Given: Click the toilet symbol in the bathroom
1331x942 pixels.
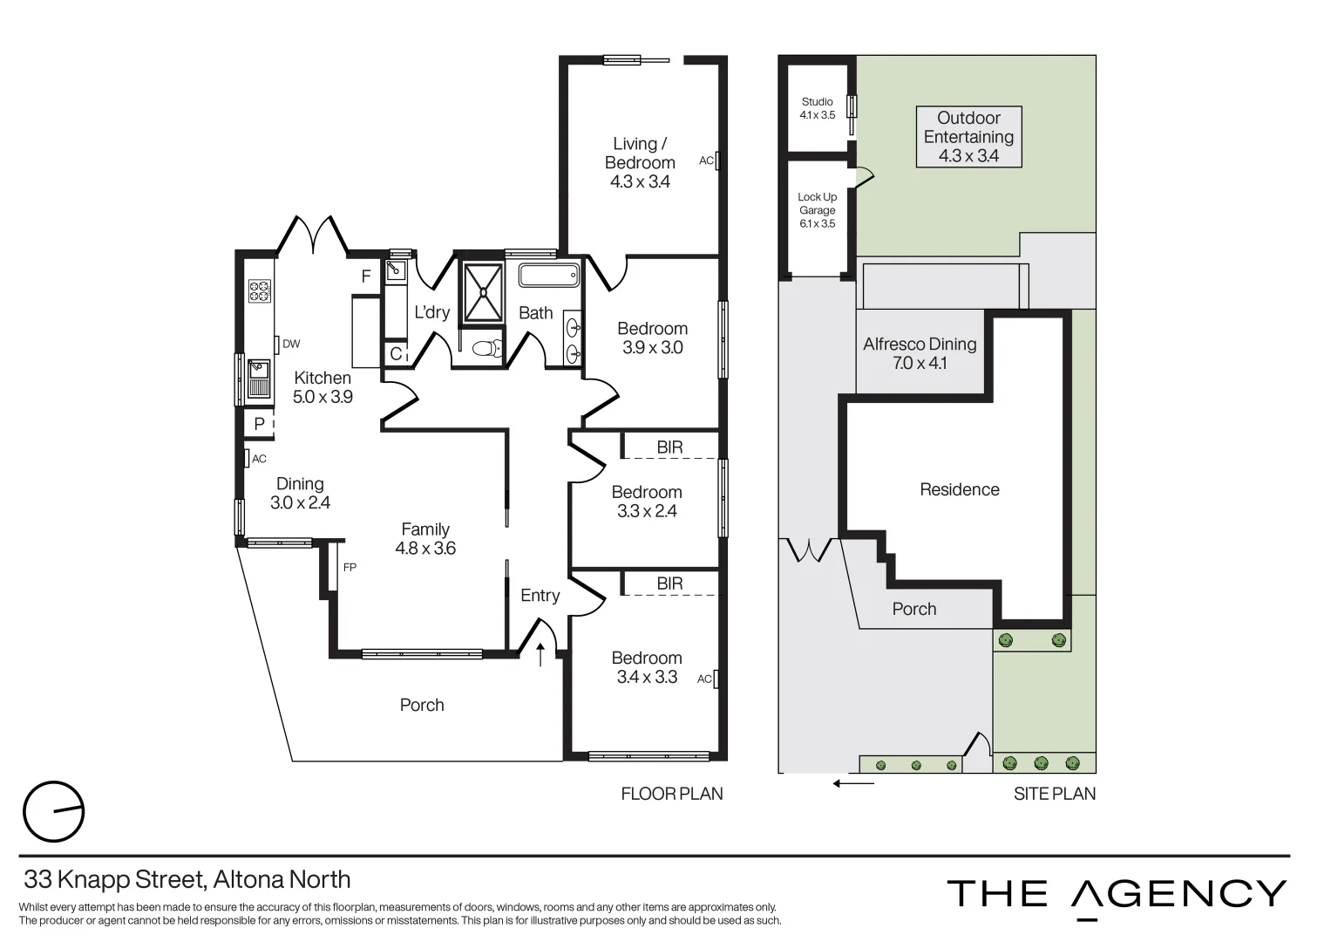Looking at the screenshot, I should (x=486, y=348).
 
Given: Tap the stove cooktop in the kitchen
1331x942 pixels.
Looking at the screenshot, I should (x=260, y=290).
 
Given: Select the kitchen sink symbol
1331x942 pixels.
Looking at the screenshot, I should (x=259, y=377).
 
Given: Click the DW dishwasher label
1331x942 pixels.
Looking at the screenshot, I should (x=291, y=344).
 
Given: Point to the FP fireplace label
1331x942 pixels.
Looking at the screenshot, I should (x=350, y=567).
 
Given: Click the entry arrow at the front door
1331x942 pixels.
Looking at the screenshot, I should (x=540, y=654).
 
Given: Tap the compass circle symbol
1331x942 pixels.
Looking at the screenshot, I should (x=53, y=811).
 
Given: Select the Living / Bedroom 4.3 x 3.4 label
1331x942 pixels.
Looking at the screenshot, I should (x=641, y=162).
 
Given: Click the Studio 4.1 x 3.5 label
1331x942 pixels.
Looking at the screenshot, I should (x=817, y=108).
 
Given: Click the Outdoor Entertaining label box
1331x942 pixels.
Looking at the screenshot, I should (x=968, y=137).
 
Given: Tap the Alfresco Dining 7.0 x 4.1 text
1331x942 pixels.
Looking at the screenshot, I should (x=920, y=353).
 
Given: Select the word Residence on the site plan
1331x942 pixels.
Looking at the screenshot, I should (x=960, y=489).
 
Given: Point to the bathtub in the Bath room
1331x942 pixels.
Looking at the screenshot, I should (x=548, y=276).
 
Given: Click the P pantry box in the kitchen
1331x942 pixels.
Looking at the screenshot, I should (x=259, y=424).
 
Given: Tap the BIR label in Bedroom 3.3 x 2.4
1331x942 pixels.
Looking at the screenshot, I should (x=669, y=447).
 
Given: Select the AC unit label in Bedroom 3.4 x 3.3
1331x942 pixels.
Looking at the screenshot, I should (x=704, y=679).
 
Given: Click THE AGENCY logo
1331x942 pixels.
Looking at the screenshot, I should (x=1116, y=895).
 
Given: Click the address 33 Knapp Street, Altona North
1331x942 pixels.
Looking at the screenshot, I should (x=187, y=879).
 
